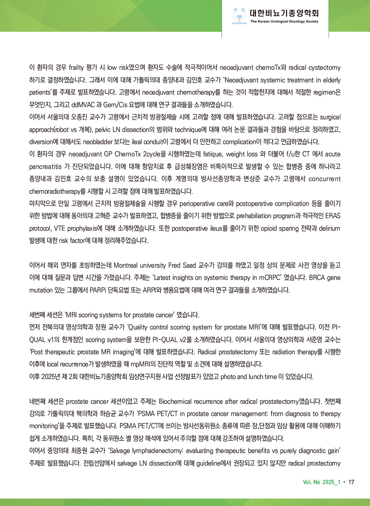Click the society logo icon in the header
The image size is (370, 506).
240,16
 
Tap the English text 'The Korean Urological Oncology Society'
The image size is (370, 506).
284,21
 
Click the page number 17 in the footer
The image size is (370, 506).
351,482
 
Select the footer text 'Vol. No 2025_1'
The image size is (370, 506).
321,482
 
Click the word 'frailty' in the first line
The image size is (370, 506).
76,68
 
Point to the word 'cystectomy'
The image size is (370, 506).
324,68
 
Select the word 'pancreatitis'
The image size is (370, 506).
46,167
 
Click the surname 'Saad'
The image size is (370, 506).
189,266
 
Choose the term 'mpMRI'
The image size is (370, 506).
140,364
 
